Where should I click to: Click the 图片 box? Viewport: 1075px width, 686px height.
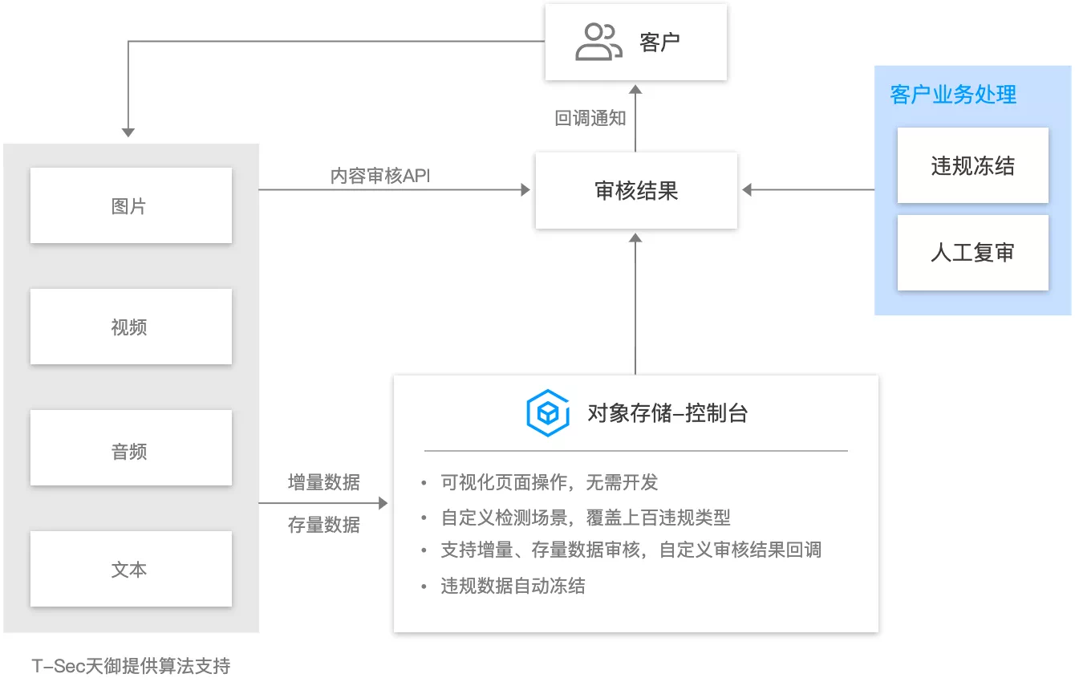[x=131, y=205]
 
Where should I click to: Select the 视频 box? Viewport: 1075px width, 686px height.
[x=131, y=327]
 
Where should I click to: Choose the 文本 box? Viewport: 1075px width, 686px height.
[x=131, y=569]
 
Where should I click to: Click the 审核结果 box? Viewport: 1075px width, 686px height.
[x=636, y=190]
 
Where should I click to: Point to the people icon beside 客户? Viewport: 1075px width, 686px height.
[x=598, y=42]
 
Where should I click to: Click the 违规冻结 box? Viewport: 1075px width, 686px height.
[x=972, y=165]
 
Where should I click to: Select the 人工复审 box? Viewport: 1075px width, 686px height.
[x=972, y=253]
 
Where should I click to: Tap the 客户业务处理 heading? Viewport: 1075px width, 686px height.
[x=953, y=95]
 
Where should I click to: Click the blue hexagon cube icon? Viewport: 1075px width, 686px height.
[x=547, y=413]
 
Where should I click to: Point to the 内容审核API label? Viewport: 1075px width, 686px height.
[x=380, y=176]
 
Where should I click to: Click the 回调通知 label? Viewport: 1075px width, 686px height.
[x=590, y=118]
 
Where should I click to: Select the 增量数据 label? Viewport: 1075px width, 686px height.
[x=324, y=482]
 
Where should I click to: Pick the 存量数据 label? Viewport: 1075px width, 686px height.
[x=324, y=525]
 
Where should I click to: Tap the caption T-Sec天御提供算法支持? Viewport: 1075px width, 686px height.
[x=131, y=665]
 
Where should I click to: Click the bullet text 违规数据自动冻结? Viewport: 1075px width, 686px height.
[x=513, y=586]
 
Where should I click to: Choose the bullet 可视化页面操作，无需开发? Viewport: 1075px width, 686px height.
[x=550, y=482]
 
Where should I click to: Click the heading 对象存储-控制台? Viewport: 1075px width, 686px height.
[x=667, y=413]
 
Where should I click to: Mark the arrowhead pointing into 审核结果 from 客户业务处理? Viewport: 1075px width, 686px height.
[x=746, y=190]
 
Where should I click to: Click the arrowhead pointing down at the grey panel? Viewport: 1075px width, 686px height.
[x=128, y=132]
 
